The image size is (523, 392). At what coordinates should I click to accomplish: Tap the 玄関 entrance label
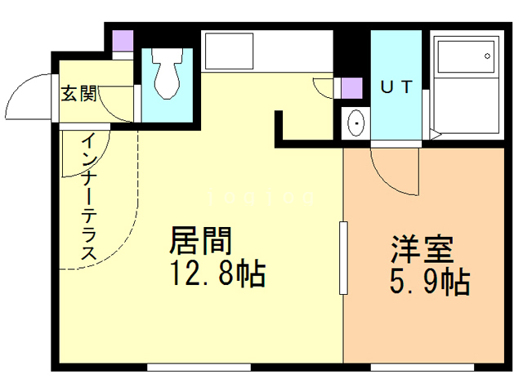pyautogui.click(x=78, y=93)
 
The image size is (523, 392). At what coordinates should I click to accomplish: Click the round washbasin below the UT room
pyautogui.click(x=356, y=124)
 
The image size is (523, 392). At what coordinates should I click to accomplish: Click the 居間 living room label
pyautogui.click(x=201, y=242)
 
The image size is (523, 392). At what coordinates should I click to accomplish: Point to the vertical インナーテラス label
pyautogui.click(x=88, y=198)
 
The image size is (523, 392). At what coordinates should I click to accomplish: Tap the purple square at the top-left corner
pyautogui.click(x=123, y=40)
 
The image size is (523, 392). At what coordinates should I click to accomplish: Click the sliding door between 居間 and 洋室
pyautogui.click(x=343, y=257)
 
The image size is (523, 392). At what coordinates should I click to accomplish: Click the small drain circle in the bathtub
pyautogui.click(x=488, y=56)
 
